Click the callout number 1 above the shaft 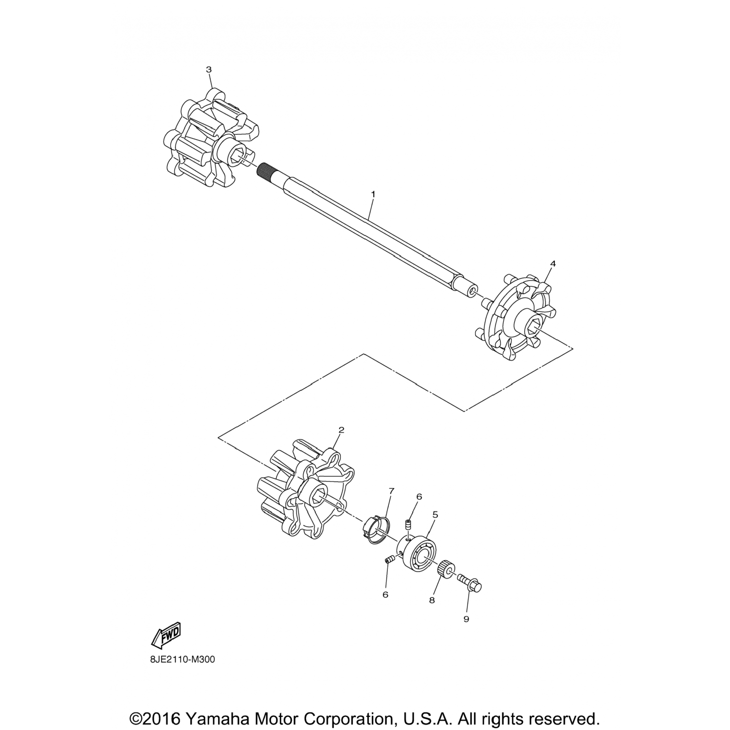point(373,194)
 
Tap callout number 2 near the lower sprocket point(341,430)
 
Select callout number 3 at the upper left point(209,70)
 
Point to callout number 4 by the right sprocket point(552,263)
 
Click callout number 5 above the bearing point(435,514)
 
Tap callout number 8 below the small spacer point(432,601)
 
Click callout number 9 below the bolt point(466,619)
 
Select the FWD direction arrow point(166,635)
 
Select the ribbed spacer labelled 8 point(446,569)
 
